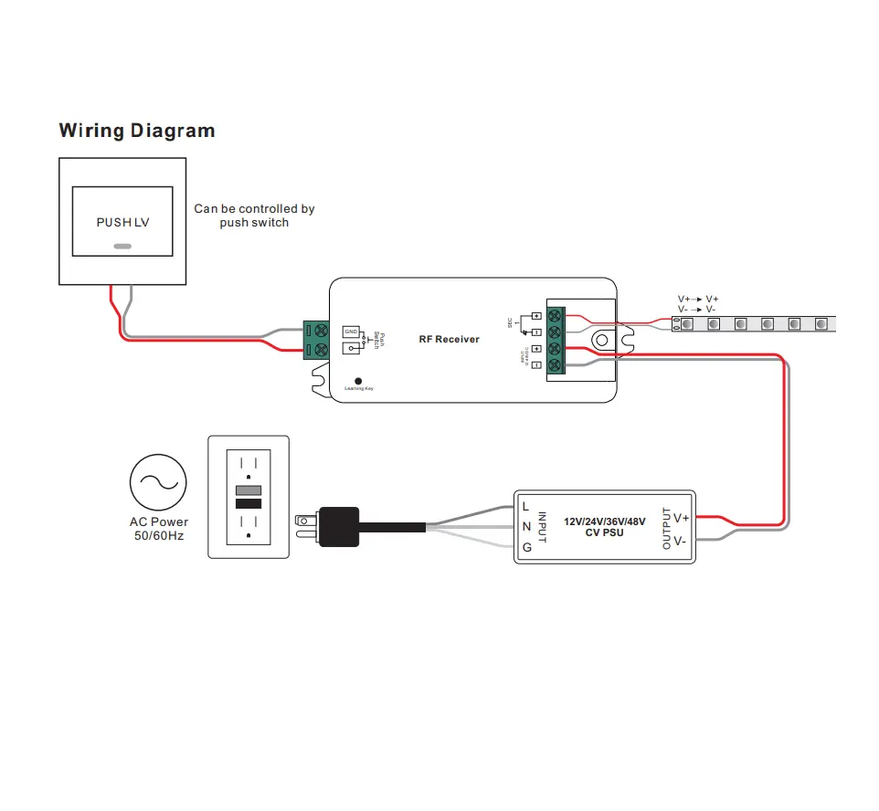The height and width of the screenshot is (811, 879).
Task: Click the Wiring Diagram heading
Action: (137, 131)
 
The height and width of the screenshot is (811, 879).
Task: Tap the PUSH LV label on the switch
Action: (122, 223)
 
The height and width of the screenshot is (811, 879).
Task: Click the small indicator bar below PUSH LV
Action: (122, 246)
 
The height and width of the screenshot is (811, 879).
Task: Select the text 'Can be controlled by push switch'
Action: (254, 216)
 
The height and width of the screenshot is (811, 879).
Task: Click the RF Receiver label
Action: (449, 340)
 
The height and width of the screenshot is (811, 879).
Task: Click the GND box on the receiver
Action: (351, 331)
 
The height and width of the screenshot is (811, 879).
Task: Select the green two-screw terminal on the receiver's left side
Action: (316, 340)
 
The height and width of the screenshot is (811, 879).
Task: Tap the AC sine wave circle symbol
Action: (158, 483)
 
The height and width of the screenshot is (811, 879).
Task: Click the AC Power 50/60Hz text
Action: (158, 529)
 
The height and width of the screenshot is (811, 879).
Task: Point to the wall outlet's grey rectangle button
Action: (249, 490)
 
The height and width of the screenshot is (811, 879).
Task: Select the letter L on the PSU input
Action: (526, 506)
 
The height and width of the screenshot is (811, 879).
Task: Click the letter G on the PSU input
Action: (526, 548)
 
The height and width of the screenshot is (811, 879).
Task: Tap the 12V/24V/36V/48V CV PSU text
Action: (604, 527)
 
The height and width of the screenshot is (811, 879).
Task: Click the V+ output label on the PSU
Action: (681, 518)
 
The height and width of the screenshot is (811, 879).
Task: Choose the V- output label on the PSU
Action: (681, 541)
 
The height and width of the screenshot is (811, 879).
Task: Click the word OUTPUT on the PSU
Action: (666, 528)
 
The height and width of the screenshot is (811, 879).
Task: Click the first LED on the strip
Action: (686, 324)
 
